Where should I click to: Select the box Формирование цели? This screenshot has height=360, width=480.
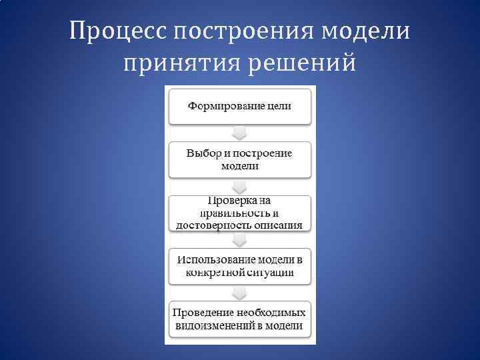point(239,106)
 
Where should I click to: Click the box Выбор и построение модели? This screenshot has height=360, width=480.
point(239,159)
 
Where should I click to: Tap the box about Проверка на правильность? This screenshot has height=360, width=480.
point(239,213)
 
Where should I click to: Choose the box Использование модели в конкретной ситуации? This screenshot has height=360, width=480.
point(239,266)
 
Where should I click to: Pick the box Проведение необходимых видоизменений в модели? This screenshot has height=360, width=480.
point(239,319)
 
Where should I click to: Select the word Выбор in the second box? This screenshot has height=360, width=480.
point(201,153)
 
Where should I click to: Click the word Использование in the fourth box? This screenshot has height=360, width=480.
point(215,259)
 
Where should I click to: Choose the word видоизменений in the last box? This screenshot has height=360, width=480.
point(212,326)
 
